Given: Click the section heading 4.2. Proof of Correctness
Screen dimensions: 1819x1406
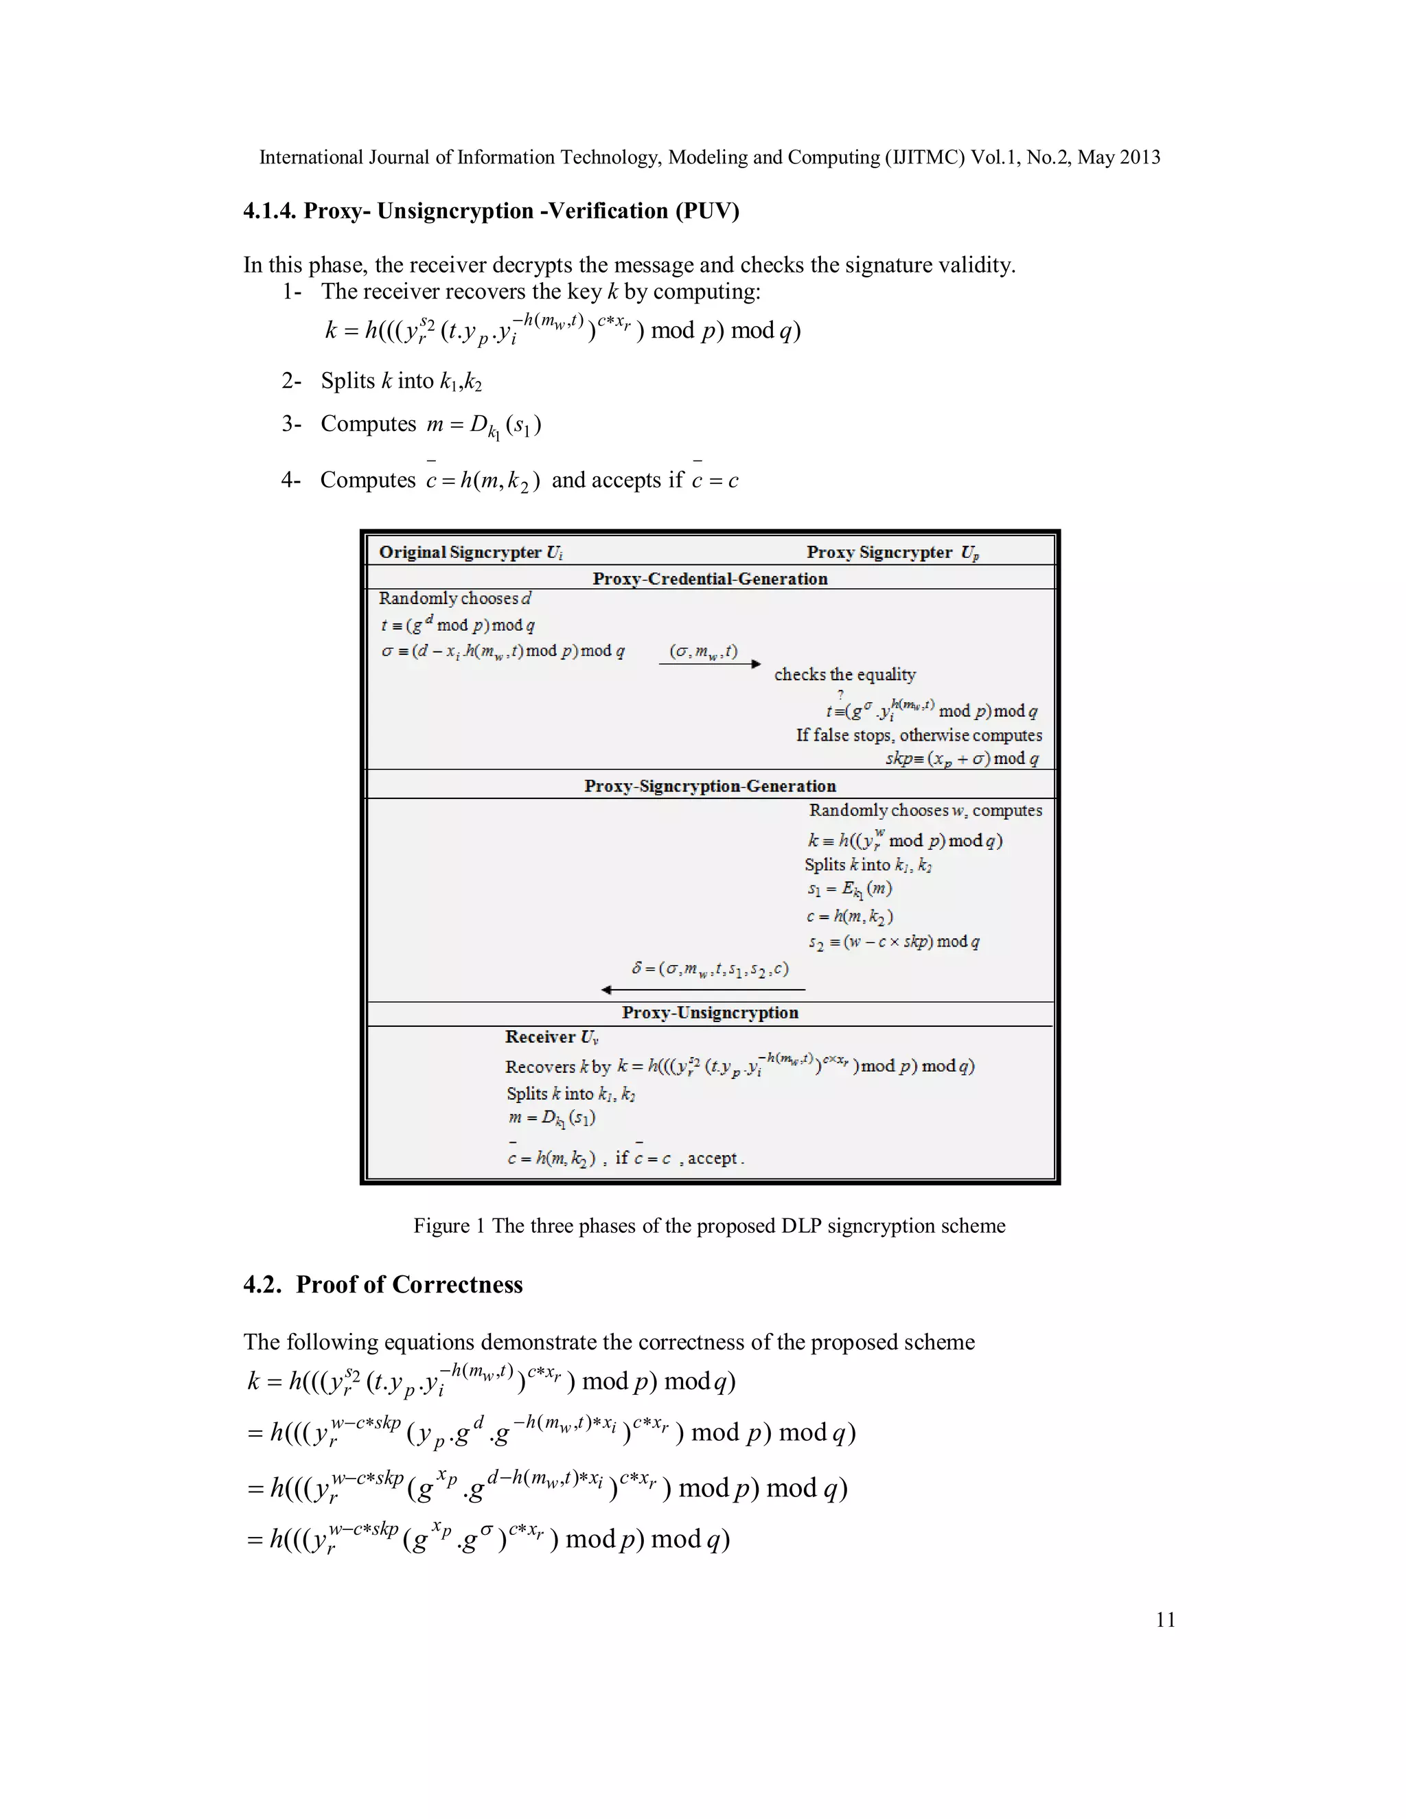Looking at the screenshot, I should (x=383, y=1284).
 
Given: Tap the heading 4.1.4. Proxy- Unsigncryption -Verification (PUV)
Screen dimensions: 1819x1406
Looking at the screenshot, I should (x=491, y=211).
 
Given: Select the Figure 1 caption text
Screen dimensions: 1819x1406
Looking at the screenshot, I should (x=708, y=1226).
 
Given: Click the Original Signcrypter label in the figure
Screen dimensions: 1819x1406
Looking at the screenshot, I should (x=470, y=552).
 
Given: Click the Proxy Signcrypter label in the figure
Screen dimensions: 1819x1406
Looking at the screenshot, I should (x=892, y=552).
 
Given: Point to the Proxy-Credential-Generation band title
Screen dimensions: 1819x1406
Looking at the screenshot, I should (x=710, y=579).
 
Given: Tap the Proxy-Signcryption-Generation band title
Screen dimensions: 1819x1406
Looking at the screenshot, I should (x=710, y=786).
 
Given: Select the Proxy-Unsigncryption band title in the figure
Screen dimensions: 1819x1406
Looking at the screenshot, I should (x=710, y=1012).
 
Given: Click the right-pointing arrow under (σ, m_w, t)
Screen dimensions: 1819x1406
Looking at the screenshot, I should (x=710, y=664).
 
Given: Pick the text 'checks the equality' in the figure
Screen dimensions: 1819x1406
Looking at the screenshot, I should (x=844, y=675).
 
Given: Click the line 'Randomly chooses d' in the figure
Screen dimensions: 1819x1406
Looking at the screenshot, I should (x=454, y=599).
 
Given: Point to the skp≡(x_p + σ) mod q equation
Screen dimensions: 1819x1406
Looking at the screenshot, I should (x=962, y=758).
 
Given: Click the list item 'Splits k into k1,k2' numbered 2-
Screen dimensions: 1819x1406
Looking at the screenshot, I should (x=401, y=382).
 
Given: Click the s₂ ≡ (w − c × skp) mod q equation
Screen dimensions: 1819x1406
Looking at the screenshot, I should (x=893, y=942).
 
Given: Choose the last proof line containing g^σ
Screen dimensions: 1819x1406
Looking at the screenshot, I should (x=488, y=1538).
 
